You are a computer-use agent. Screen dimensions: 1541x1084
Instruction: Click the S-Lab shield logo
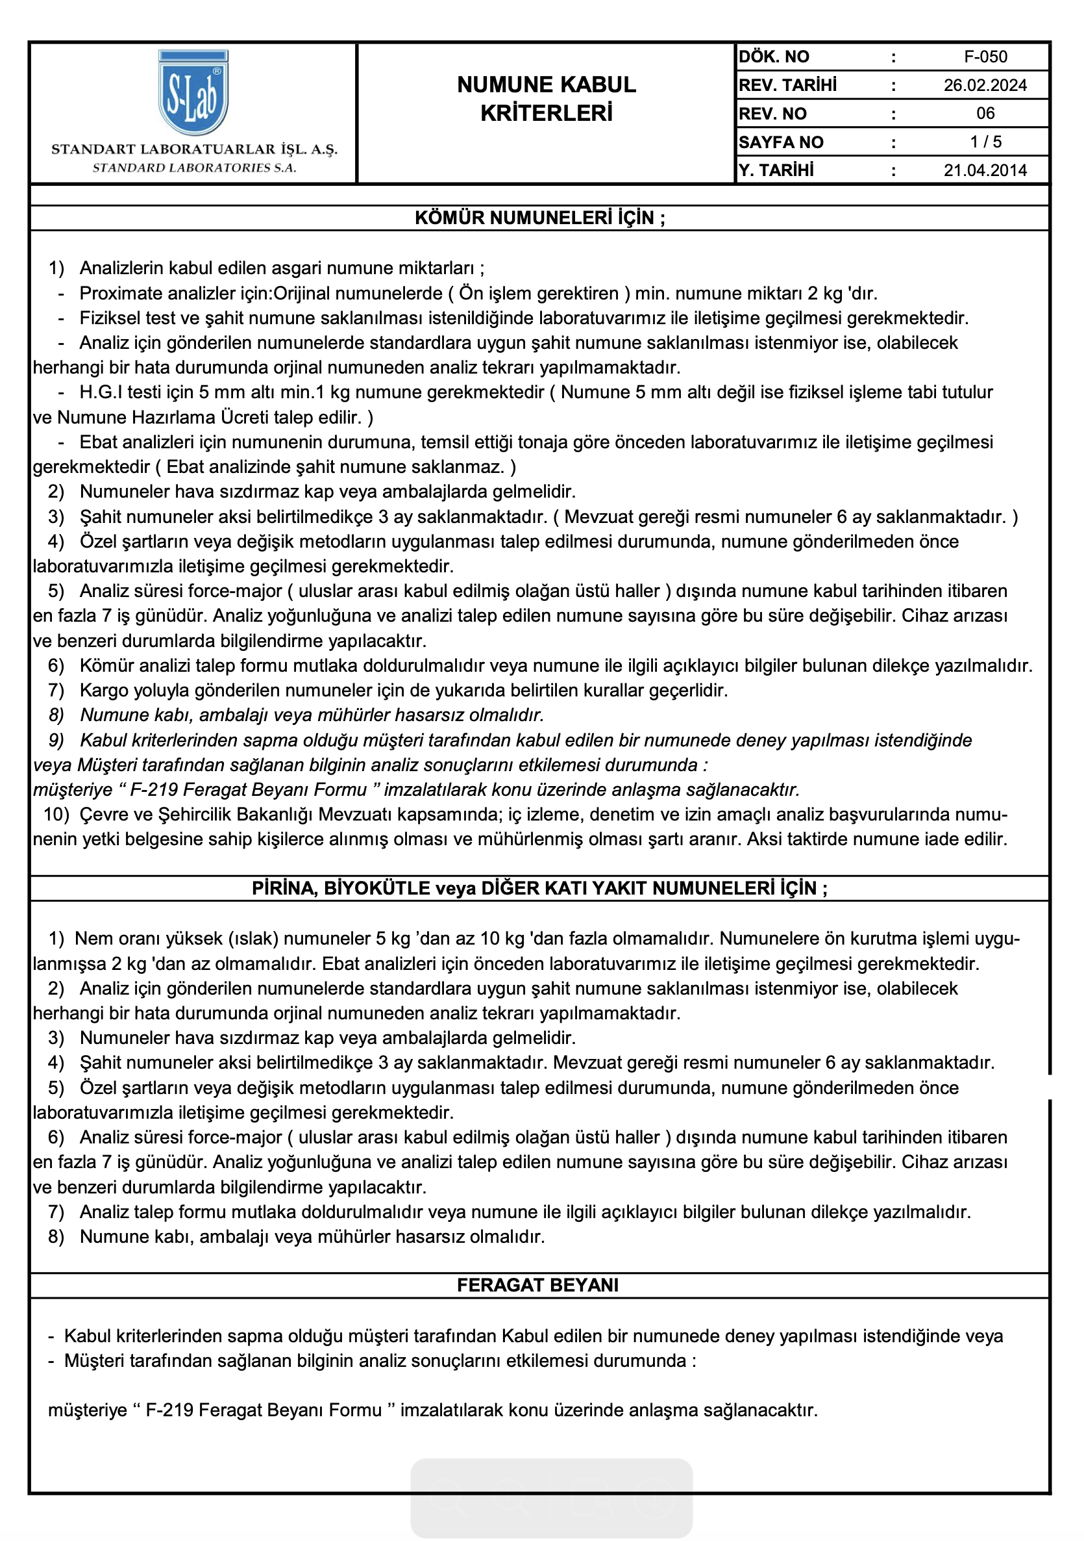193,93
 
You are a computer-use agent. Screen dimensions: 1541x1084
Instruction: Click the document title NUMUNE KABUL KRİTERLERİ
546,99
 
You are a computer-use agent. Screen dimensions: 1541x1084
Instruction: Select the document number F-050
985,57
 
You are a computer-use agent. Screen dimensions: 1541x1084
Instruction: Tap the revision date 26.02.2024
985,85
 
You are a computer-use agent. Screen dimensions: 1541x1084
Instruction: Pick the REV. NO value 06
985,114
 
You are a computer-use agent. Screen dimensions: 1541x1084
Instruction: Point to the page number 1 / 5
985,142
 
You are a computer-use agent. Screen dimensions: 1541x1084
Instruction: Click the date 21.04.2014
985,170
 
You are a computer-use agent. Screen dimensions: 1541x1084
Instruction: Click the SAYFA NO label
781,142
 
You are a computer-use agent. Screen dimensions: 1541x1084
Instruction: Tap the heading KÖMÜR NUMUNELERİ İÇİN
539,218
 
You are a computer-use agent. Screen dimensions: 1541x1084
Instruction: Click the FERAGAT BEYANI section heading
538,1285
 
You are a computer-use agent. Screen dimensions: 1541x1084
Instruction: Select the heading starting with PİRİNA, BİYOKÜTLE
539,889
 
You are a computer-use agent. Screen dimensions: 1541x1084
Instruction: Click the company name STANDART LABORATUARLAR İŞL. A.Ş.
194,149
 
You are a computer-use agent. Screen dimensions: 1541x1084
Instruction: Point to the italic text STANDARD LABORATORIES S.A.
194,168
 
